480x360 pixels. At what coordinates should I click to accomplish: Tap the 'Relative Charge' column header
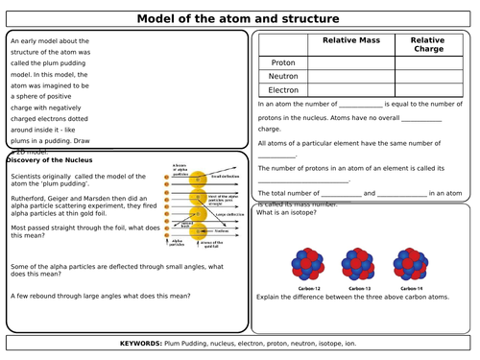pos(428,46)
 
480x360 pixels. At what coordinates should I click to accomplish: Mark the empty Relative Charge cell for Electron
pos(427,89)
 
